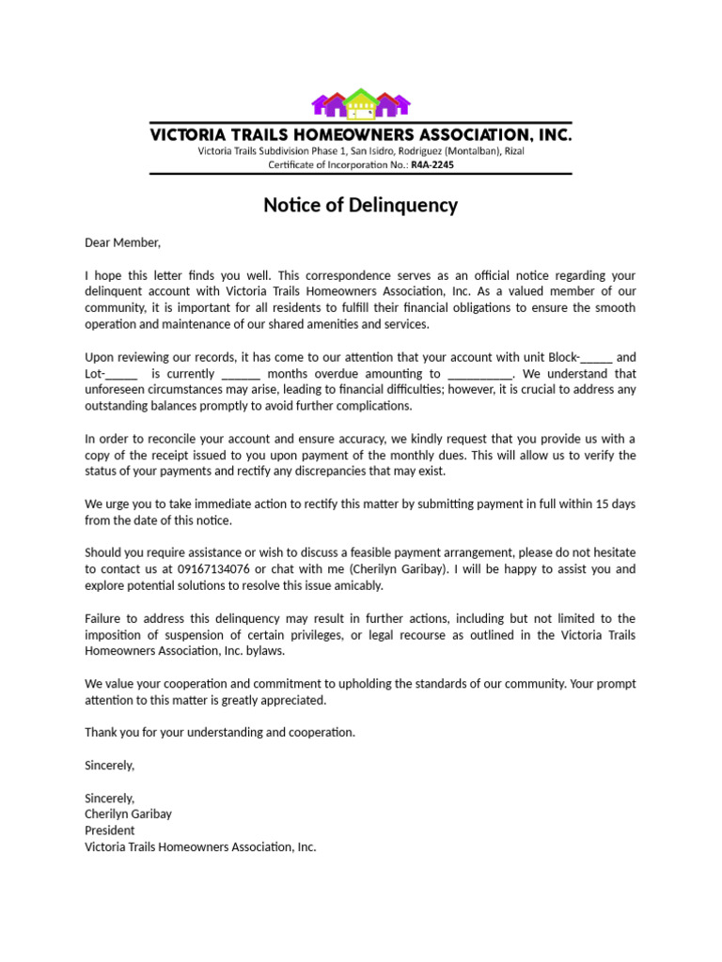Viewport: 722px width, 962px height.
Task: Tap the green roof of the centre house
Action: (360, 96)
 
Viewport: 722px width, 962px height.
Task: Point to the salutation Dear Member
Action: (123, 242)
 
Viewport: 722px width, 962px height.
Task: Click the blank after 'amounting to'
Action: (480, 373)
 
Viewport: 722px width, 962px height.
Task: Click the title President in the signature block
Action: (110, 830)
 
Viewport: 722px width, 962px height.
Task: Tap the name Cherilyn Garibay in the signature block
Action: (129, 815)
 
